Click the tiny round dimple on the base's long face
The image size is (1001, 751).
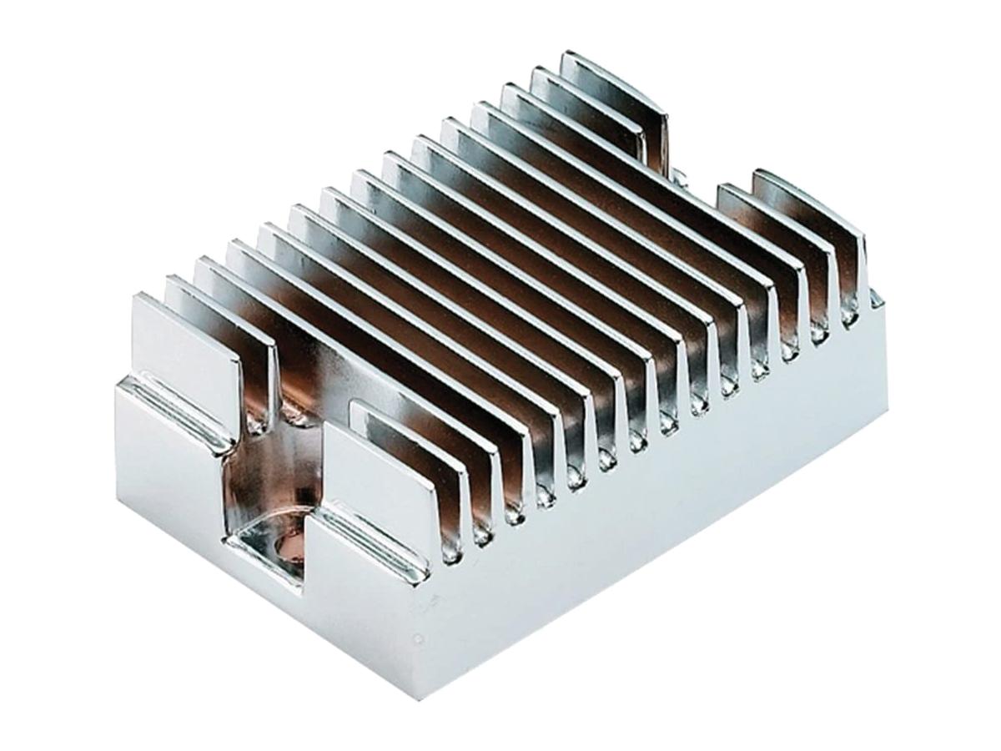tap(417, 640)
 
